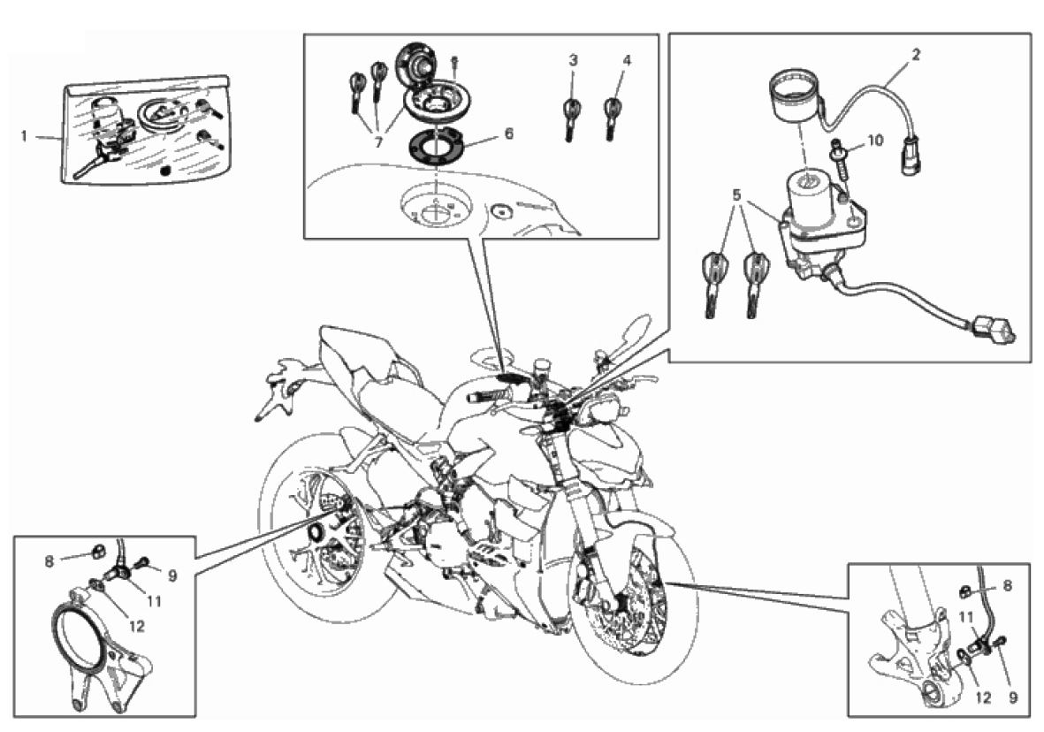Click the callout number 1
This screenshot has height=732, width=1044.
click(x=24, y=136)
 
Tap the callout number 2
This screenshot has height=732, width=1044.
click(x=916, y=55)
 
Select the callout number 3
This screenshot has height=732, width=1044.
click(x=573, y=61)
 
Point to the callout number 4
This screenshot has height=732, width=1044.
click(x=627, y=61)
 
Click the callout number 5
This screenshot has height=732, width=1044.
click(x=736, y=195)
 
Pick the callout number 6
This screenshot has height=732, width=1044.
click(x=509, y=133)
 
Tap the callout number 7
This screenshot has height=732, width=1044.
click(x=379, y=142)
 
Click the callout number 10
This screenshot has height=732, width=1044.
click(x=875, y=140)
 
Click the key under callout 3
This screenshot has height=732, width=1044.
click(x=571, y=118)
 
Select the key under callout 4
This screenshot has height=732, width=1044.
click(x=611, y=118)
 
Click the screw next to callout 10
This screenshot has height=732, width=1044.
click(x=838, y=158)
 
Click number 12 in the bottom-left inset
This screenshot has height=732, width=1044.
click(x=137, y=626)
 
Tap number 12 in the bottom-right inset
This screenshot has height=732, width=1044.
click(x=983, y=698)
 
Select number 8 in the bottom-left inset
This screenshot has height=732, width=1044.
click(x=50, y=561)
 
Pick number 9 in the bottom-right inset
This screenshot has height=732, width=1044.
click(x=1013, y=698)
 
